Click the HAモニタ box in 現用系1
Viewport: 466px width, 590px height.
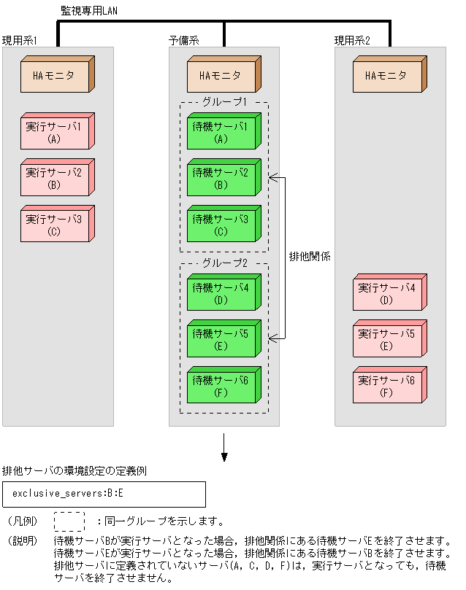tap(55, 75)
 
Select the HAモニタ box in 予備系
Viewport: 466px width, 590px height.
tap(221, 75)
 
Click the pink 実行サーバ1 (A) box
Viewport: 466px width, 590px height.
tap(55, 132)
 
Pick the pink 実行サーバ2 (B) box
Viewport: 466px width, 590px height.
tap(55, 179)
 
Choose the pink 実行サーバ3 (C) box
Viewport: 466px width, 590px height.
tap(55, 225)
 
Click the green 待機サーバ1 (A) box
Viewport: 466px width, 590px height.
tap(221, 132)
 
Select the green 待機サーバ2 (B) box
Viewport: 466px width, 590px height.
tap(221, 179)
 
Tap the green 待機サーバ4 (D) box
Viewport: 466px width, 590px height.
tap(221, 293)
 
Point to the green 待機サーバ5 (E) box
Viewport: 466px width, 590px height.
tap(221, 339)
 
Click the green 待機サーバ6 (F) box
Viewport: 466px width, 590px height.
tap(221, 385)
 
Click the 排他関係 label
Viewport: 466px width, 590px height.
tap(306, 257)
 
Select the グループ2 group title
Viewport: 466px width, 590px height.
tap(224, 263)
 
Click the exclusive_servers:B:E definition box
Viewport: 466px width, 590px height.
tap(104, 494)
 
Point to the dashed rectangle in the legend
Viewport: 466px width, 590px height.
tap(69, 521)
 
